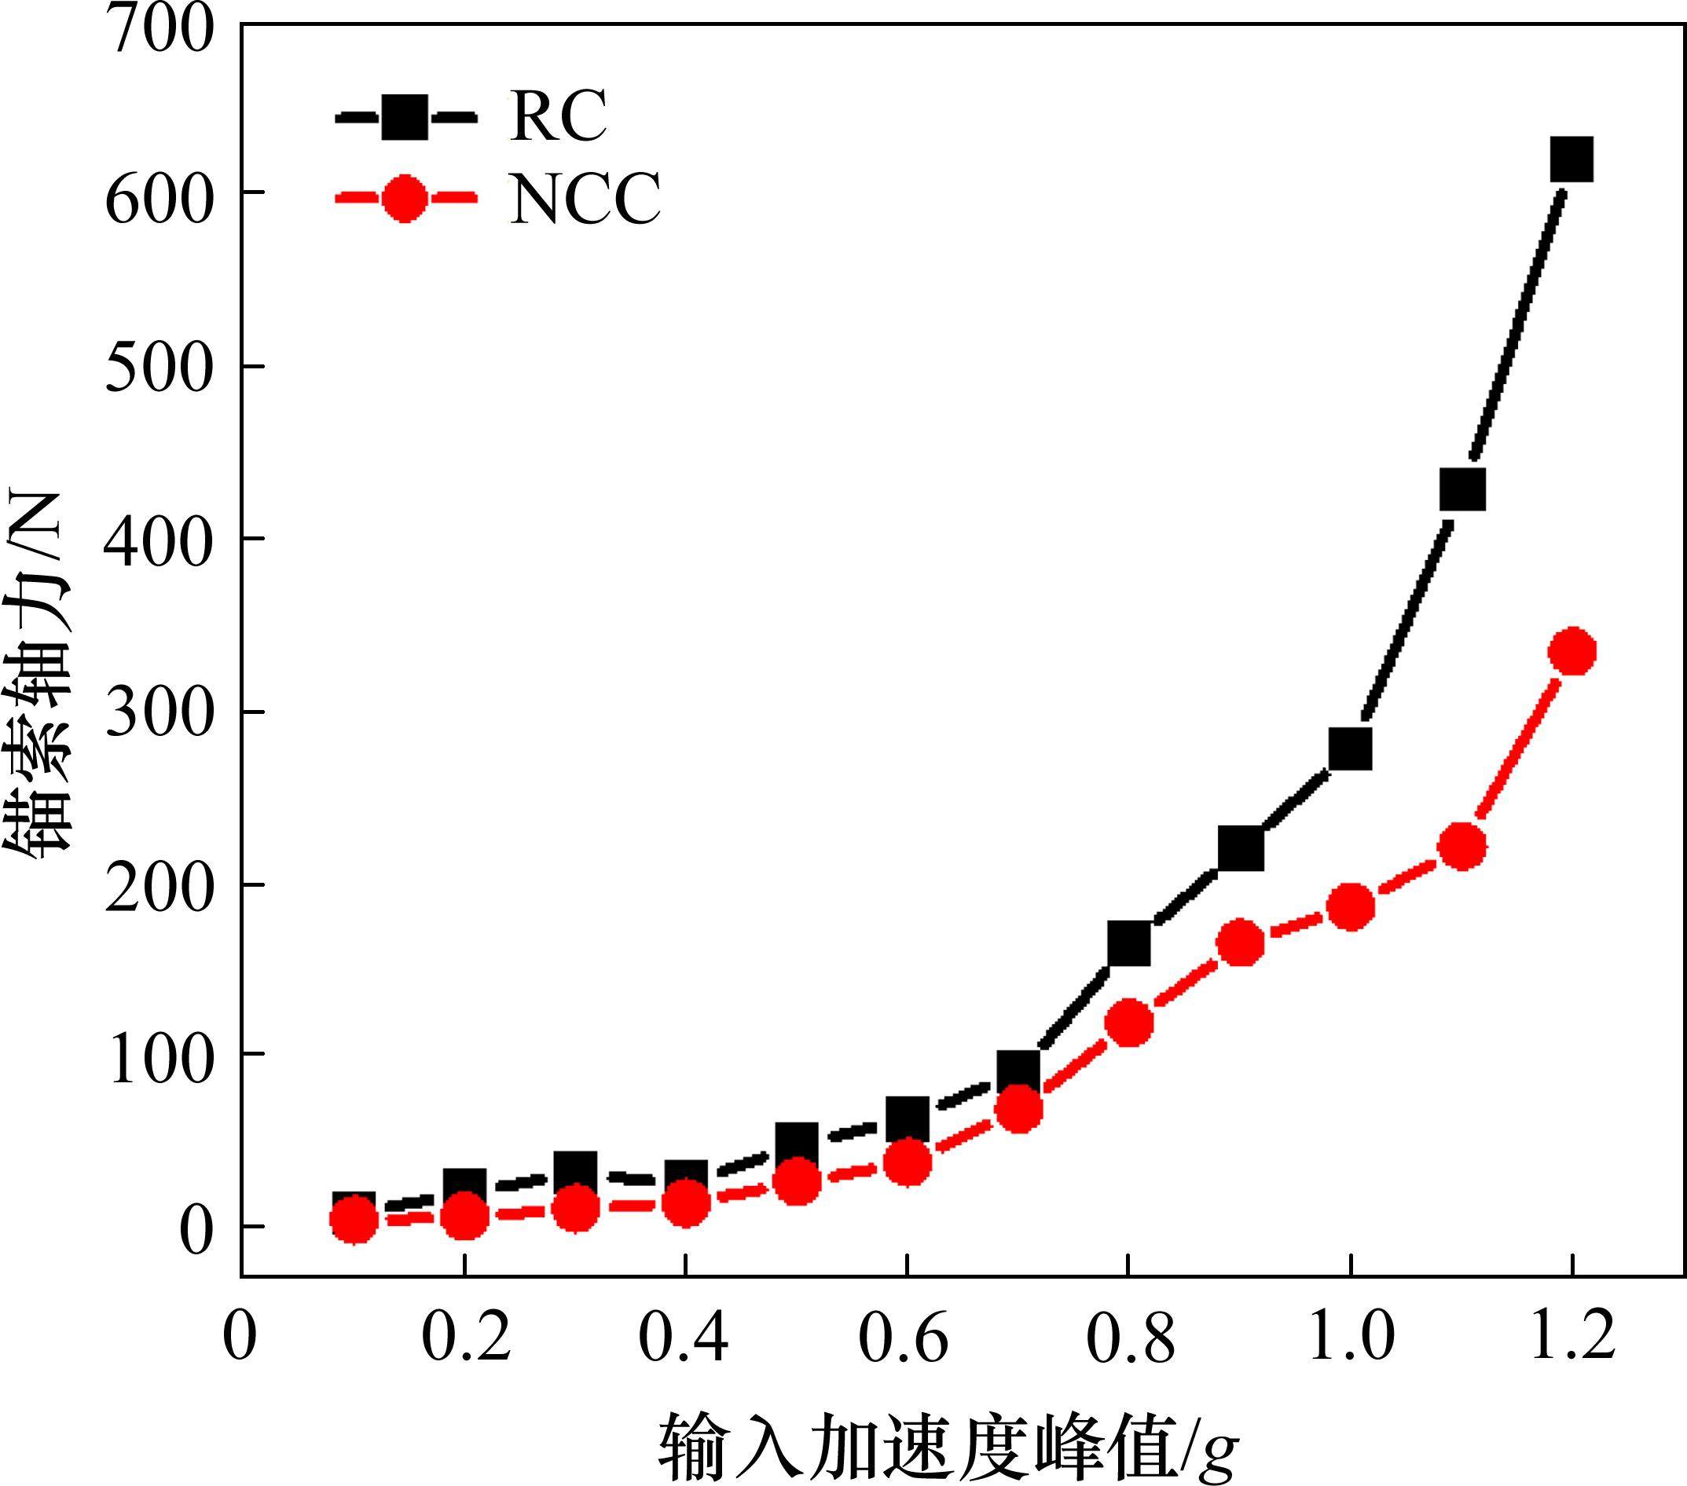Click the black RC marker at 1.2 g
[1571, 160]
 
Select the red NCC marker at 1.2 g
[1572, 652]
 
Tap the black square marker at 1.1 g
[1462, 490]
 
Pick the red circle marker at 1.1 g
[1462, 847]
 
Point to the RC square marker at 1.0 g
[1350, 749]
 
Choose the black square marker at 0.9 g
[1241, 849]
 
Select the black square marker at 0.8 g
[1130, 944]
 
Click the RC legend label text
[559, 116]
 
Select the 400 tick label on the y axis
[159, 540]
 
